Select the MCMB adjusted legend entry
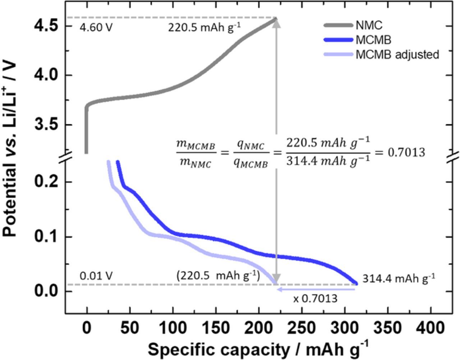[x=397, y=55]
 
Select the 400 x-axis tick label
[x=433, y=328]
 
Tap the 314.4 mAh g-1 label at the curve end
[x=399, y=278]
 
